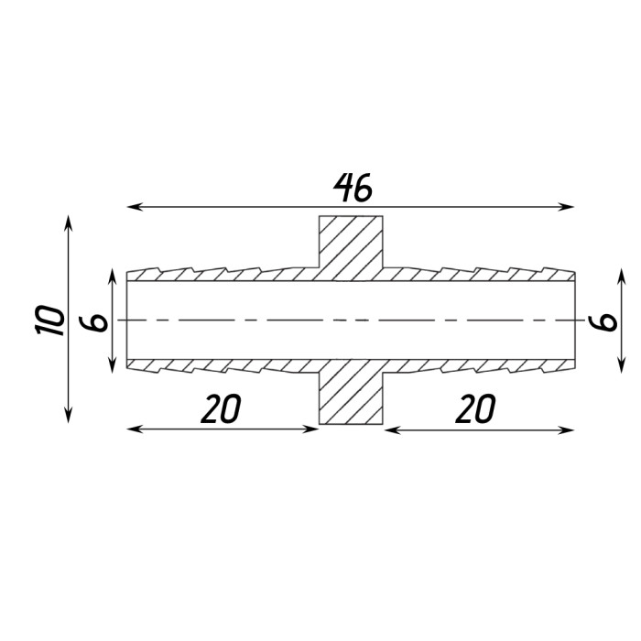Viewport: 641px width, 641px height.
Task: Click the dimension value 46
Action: tap(353, 188)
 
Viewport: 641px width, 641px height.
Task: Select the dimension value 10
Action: tap(50, 320)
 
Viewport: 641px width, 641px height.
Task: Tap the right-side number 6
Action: tap(603, 321)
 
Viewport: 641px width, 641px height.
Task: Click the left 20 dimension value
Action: tap(221, 408)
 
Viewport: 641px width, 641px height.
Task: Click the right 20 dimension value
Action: tap(475, 408)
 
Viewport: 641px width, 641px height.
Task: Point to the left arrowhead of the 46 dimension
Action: tap(135, 207)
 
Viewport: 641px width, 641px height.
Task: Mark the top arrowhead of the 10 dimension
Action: tap(69, 223)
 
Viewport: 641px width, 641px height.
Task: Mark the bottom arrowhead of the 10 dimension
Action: tap(69, 415)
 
